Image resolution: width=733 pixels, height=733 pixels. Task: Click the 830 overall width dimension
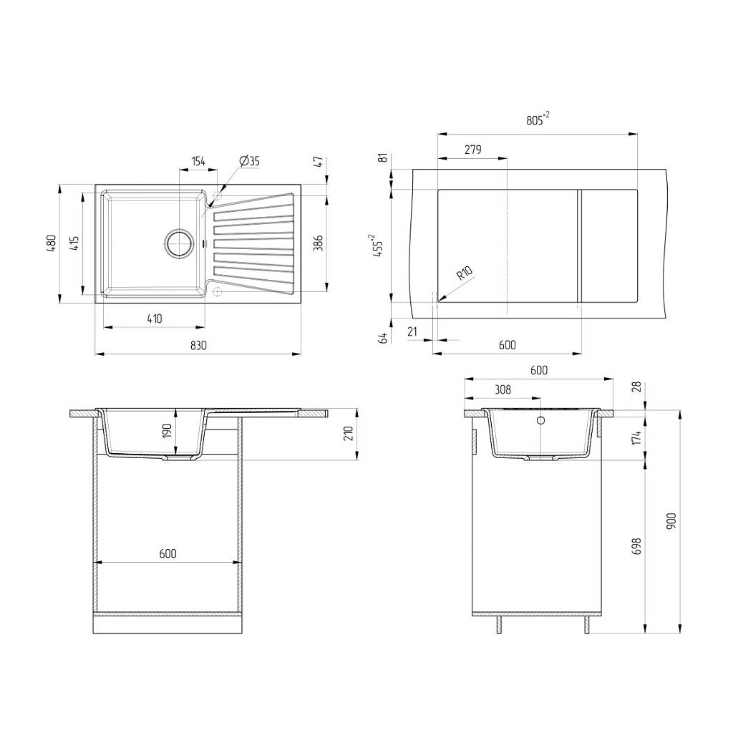point(198,346)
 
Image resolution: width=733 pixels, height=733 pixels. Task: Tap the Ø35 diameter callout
point(249,161)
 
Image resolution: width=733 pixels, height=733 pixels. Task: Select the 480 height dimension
point(52,243)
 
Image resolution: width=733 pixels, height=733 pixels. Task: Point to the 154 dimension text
point(199,161)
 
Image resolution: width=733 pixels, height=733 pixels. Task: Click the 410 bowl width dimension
point(155,319)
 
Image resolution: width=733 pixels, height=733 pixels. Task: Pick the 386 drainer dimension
point(318,243)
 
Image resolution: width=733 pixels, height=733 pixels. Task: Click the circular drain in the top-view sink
point(178,243)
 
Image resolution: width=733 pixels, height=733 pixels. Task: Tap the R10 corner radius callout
point(465,272)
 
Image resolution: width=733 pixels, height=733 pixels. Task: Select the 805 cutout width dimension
point(538,120)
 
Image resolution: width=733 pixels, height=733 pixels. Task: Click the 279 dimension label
point(472,150)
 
